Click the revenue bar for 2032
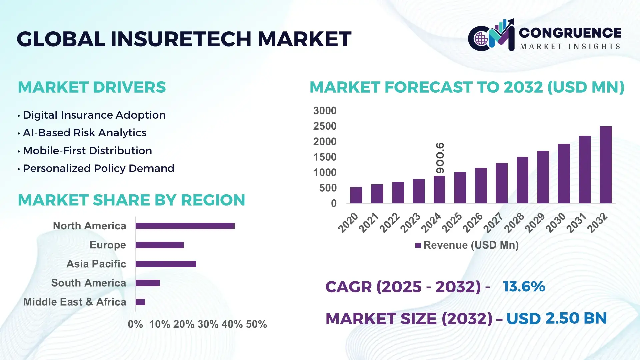(605, 165)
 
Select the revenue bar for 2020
(356, 195)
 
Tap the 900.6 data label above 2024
(440, 158)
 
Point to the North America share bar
(185, 226)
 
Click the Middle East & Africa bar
(140, 302)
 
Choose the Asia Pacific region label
(96, 264)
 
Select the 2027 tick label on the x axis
(493, 222)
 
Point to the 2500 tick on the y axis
(325, 126)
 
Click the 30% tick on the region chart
(208, 324)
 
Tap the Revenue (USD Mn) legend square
(418, 245)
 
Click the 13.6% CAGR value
(524, 287)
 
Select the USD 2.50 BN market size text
(556, 318)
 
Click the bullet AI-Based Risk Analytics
(84, 133)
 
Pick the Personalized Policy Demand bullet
(98, 168)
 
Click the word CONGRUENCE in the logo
(570, 33)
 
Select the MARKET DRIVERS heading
(92, 87)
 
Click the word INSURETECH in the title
(181, 39)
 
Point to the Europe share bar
(160, 245)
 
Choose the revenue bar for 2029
(543, 177)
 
